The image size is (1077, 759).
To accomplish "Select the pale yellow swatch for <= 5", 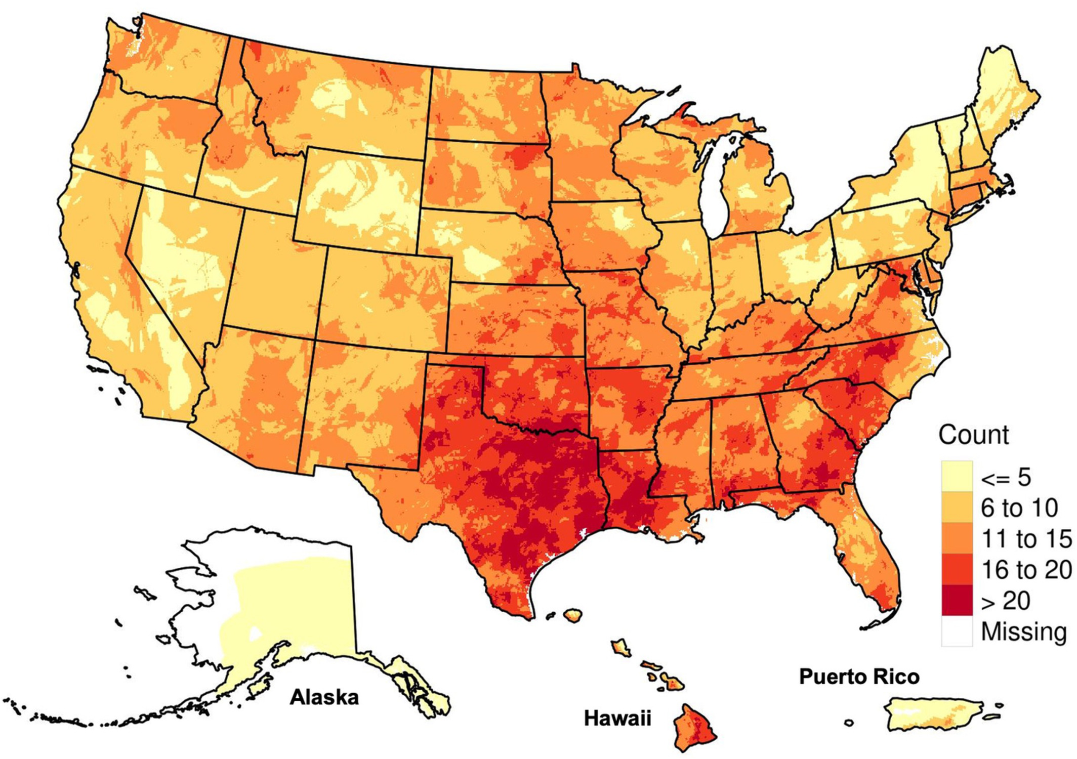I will [x=957, y=476].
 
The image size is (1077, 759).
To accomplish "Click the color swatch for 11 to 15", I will [x=957, y=538].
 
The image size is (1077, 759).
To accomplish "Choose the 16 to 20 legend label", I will [x=1026, y=570].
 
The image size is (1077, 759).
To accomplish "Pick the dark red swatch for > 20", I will [x=957, y=601].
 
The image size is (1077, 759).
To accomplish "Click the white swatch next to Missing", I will [x=957, y=631].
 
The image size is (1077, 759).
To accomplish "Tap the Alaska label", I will [x=324, y=697].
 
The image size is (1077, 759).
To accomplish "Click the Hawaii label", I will [x=617, y=718].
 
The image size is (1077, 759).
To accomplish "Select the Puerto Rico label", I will [x=859, y=677].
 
